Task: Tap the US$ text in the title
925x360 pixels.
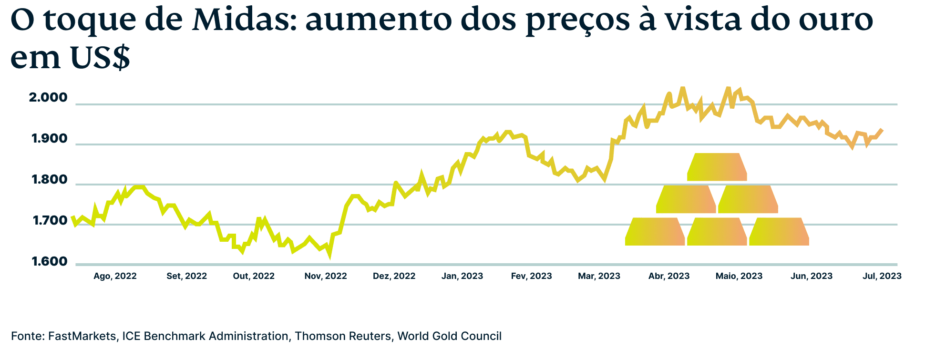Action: pyautogui.click(x=100, y=57)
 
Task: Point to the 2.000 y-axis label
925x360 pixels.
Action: pyautogui.click(x=48, y=98)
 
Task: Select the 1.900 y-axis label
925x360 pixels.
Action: pyautogui.click(x=49, y=139)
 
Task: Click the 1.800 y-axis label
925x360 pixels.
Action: pyautogui.click(x=49, y=180)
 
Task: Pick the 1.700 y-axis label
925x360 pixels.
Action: pyautogui.click(x=50, y=221)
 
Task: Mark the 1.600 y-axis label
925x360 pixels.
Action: pyautogui.click(x=50, y=261)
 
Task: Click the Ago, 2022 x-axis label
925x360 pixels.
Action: pyautogui.click(x=115, y=276)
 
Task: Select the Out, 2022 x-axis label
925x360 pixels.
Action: pyautogui.click(x=254, y=276)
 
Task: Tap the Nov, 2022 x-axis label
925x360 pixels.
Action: pyautogui.click(x=326, y=276)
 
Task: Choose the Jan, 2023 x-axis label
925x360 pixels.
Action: pyautogui.click(x=462, y=276)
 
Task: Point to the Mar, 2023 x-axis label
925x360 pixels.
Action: pyautogui.click(x=599, y=276)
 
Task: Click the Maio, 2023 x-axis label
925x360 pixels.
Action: pyautogui.click(x=739, y=276)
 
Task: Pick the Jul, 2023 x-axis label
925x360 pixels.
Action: pyautogui.click(x=882, y=276)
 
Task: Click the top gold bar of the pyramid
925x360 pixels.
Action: pyautogui.click(x=717, y=167)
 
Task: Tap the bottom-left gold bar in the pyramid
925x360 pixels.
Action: pyautogui.click(x=655, y=232)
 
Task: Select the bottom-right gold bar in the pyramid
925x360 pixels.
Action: pyautogui.click(x=779, y=232)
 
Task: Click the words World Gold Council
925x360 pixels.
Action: pyautogui.click(x=449, y=336)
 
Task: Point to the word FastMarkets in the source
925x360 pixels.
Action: pyautogui.click(x=82, y=336)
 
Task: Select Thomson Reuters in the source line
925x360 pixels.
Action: pyautogui.click(x=342, y=336)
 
